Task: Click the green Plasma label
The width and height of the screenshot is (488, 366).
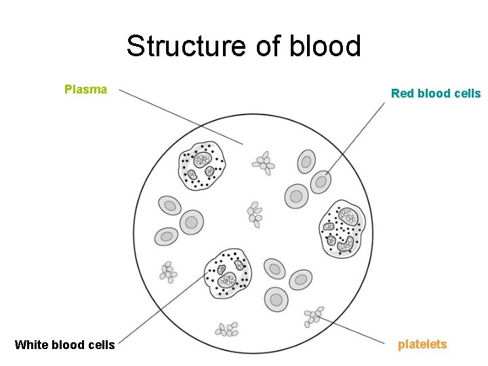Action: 85,89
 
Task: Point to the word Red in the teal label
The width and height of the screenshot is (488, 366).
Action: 402,94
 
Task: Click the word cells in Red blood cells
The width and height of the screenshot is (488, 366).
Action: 466,94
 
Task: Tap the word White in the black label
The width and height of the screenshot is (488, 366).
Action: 30,345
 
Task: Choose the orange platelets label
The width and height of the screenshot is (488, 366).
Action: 422,344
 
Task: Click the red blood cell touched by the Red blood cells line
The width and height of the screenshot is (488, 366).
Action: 321,182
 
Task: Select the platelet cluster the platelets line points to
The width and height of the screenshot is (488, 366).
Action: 313,315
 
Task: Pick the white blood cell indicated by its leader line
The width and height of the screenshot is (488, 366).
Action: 228,274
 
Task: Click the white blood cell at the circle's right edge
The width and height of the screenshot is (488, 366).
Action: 342,228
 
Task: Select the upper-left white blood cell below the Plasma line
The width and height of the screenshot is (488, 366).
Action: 201,165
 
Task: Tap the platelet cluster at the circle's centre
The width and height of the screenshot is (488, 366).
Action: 254,213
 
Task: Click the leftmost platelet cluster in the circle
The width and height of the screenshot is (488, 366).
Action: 167,272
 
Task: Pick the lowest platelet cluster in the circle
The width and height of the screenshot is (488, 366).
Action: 227,329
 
